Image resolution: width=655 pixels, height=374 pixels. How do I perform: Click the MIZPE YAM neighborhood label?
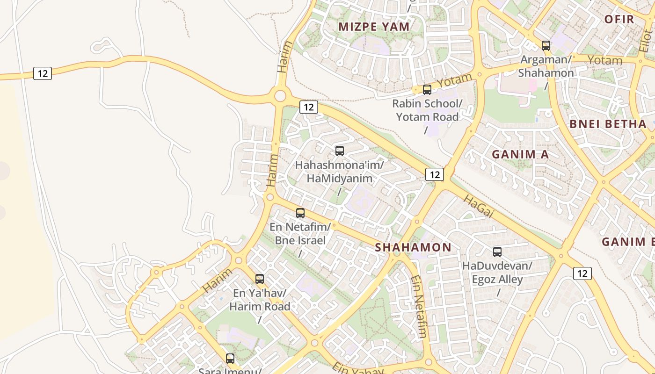pos(374,27)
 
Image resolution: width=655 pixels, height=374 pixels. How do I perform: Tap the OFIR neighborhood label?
pos(619,19)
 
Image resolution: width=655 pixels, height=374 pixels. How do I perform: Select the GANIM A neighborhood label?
pos(520,154)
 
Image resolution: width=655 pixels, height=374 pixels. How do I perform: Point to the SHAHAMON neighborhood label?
pos(413,247)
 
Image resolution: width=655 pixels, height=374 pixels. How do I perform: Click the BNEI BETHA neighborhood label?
pos(608,124)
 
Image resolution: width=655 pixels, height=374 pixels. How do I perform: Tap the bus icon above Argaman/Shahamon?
pos(546,46)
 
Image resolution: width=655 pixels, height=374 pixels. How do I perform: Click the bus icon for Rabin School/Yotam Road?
pos(427,90)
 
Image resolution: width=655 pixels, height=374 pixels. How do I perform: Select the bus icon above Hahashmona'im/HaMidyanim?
pos(340,151)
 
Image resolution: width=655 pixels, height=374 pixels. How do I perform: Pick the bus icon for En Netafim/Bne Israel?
pos(300,213)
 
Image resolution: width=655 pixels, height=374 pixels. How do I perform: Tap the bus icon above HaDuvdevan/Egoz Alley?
pos(497,252)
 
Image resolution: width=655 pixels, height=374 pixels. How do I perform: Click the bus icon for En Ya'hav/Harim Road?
pos(260,279)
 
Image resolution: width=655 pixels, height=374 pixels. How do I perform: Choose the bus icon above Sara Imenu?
pos(230,359)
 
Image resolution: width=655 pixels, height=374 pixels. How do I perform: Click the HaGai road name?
pos(478,206)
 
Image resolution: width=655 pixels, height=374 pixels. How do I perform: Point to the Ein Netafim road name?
pos(419,306)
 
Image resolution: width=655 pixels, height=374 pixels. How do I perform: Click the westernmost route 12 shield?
pos(43,73)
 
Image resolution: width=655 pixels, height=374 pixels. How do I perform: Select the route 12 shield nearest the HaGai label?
pos(435,174)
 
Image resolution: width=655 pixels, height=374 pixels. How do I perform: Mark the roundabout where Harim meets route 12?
pos(280,96)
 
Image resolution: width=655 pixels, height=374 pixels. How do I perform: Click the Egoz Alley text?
pos(497,280)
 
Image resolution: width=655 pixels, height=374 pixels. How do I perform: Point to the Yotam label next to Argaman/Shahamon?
pos(604,60)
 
